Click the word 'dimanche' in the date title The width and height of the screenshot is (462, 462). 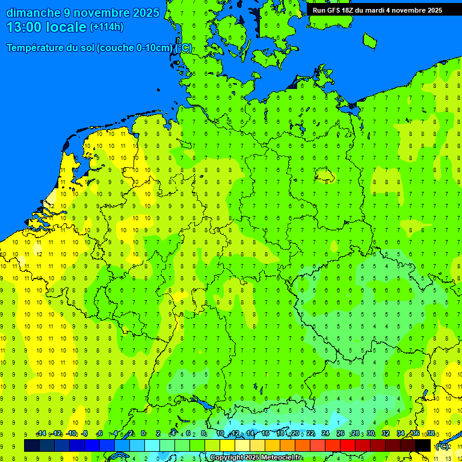tap(33, 13)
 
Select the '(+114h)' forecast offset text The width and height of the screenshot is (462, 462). tap(106, 27)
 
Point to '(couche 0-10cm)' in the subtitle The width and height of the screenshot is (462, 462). tap(136, 48)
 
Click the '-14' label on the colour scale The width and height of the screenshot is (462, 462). tap(41, 434)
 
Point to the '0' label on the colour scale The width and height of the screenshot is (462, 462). tap(143, 434)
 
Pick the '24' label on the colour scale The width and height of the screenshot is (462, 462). tap(325, 434)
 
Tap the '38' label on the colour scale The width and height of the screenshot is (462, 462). tap(430, 434)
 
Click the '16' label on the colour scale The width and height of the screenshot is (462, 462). tap(265, 434)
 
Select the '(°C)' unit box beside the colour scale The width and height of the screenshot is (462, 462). tap(442, 446)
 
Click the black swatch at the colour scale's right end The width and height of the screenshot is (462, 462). tap(423, 446)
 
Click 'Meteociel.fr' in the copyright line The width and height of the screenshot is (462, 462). tap(282, 458)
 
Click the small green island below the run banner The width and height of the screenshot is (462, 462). tap(369, 40)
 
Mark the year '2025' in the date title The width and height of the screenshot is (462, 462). tap(145, 13)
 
